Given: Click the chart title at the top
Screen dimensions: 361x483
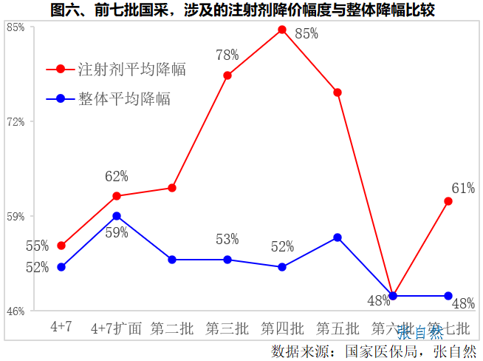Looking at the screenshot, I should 242,10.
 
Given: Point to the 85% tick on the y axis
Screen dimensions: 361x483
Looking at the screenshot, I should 16,27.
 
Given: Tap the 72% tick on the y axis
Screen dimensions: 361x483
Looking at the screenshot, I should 16,121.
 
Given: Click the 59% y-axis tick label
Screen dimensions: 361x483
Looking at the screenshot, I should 16,216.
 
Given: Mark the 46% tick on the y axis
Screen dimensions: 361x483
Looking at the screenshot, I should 16,311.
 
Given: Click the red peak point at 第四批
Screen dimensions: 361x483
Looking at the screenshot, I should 282,30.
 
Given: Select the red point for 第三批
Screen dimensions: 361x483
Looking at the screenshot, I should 227,75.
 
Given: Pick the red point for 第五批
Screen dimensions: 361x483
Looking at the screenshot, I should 338,92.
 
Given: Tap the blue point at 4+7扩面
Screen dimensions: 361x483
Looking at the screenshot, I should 117,216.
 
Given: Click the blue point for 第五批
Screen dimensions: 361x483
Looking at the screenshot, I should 338,237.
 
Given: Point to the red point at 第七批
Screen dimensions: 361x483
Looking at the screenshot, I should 448,201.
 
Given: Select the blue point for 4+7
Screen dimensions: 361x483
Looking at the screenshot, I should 61,267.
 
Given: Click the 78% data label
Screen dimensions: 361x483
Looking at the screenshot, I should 227,55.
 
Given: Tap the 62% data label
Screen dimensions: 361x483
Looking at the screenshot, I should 117,176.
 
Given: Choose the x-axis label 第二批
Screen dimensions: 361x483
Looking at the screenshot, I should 172,328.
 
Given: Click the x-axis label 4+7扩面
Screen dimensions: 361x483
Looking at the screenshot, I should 116,328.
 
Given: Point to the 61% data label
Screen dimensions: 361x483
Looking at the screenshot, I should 463,186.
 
